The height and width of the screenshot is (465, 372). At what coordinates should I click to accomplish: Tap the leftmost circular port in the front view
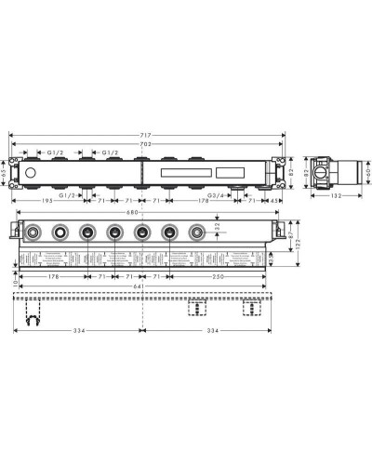click(x=34, y=232)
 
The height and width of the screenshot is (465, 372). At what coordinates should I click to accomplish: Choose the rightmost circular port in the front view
click(x=196, y=232)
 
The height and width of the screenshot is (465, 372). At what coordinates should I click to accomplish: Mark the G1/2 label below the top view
click(x=69, y=196)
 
